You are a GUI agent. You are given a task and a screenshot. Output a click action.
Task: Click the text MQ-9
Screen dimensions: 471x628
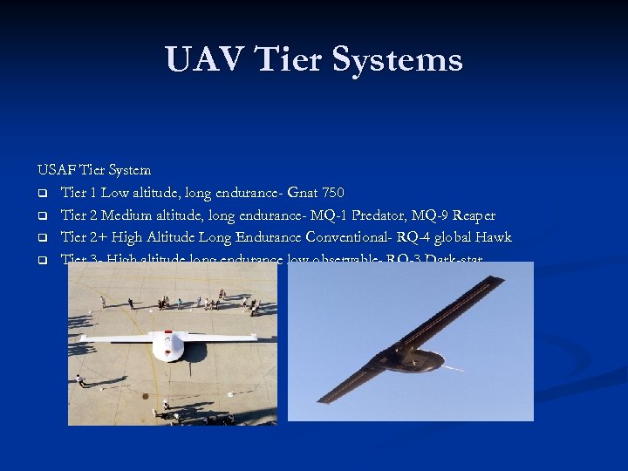[x=432, y=215]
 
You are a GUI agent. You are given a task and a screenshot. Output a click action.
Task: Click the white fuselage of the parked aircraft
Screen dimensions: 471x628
[x=167, y=343]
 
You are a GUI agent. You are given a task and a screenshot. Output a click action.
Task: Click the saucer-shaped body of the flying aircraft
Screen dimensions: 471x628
[x=409, y=358]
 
